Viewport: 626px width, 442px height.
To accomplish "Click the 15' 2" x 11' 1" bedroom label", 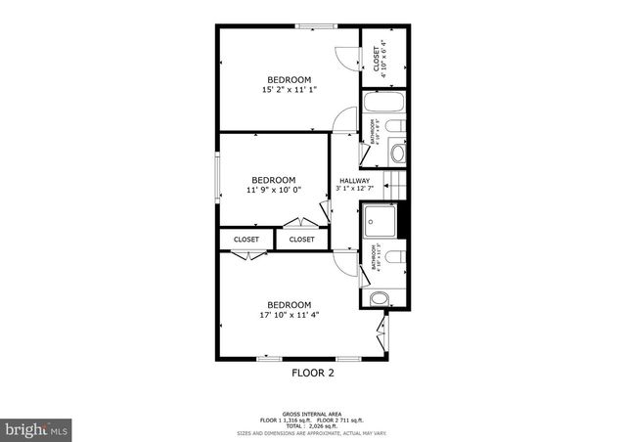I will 289,90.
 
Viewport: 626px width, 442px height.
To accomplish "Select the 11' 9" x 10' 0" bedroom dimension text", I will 273,191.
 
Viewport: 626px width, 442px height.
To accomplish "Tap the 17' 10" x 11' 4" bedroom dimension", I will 289,315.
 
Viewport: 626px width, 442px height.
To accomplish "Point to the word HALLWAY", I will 354,181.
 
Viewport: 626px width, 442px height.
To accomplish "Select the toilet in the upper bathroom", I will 395,127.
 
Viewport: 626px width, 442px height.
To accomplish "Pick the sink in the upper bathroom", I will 398,152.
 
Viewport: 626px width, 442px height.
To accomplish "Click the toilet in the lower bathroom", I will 394,257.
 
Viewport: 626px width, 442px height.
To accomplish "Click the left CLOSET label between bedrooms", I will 246,239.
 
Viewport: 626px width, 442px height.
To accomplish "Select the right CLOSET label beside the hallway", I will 302,239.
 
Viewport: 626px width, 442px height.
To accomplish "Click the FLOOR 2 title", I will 313,373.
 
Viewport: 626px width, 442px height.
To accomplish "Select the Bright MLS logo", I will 36,428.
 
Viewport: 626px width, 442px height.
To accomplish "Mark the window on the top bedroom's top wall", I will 312,25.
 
